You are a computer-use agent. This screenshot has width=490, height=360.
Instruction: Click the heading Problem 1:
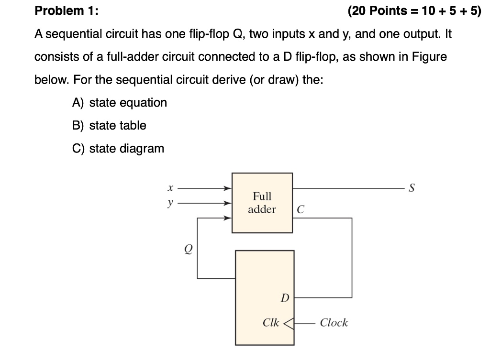pos(66,11)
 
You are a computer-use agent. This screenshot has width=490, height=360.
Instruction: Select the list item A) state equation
pos(120,103)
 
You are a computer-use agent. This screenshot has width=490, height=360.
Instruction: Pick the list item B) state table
pos(109,126)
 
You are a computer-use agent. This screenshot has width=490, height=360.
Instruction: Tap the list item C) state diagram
pos(118,149)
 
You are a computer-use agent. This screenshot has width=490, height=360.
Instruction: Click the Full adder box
pos(262,203)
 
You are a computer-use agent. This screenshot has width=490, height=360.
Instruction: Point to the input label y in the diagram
pos(170,203)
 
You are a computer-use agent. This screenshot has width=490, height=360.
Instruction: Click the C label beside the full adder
pos(300,210)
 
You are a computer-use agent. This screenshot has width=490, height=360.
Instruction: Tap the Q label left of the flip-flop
pos(189,249)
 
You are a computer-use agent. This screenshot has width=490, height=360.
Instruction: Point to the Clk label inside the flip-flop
pos(271,323)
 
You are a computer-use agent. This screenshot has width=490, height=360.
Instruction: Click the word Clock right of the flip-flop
pos(334,323)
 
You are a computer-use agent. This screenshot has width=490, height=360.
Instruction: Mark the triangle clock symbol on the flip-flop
pos(289,323)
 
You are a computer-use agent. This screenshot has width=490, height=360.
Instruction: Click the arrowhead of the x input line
pos(229,188)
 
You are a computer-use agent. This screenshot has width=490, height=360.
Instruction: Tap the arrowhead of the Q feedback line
pos(229,218)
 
